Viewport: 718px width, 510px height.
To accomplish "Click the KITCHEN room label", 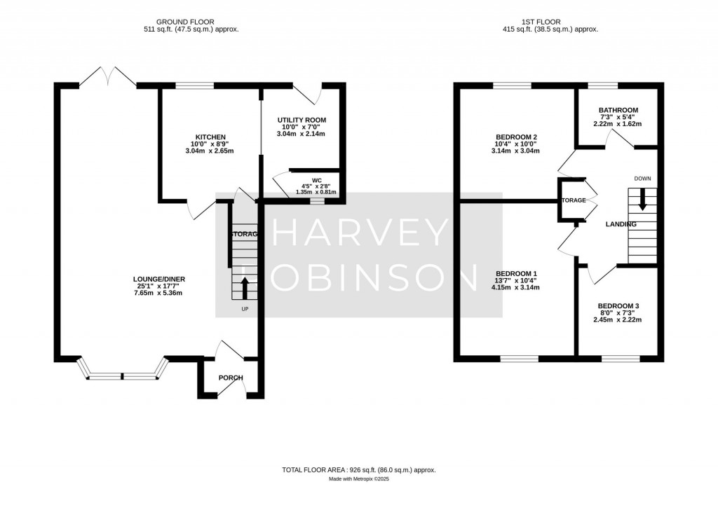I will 210,137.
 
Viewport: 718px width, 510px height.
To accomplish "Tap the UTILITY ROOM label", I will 302,120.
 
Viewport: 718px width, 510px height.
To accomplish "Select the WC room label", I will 306,179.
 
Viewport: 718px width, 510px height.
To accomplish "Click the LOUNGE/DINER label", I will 159,279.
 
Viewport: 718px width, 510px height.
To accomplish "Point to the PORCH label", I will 231,378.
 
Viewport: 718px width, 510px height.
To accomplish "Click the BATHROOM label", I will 618,110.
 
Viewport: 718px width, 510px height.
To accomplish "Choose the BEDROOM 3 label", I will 618,306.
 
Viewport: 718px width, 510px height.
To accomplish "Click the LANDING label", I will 621,224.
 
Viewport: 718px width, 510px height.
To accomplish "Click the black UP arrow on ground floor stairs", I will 245,287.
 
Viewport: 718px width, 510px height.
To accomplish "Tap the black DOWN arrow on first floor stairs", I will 642,202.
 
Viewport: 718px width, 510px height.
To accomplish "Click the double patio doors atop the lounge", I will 107,77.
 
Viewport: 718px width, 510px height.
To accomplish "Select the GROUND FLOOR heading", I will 186,22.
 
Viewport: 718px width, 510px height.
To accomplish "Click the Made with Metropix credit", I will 358,480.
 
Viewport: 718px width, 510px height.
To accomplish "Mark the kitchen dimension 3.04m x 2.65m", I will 210,151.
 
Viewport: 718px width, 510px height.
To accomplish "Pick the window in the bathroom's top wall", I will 598,85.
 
